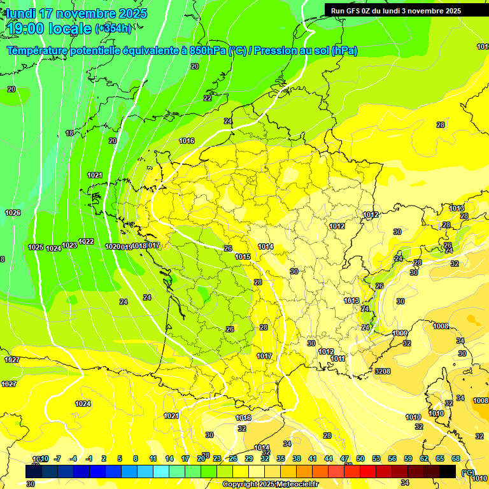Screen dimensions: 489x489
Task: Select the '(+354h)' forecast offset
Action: coord(113,29)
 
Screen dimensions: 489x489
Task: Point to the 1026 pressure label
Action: coord(12,213)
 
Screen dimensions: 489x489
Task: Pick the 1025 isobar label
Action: coord(36,247)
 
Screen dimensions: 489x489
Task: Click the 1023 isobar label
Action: coord(69,244)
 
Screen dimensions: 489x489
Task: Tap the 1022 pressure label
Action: coord(86,242)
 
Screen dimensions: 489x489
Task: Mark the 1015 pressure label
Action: coord(243,257)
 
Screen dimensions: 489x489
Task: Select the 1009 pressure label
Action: coord(400,333)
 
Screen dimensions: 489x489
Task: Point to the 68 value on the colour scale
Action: coord(456,458)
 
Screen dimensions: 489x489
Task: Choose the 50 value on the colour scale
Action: coord(360,458)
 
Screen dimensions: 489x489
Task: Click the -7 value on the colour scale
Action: coord(57,458)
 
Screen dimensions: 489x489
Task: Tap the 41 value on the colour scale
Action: coord(313,458)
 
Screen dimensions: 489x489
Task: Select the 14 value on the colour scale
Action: coord(169,458)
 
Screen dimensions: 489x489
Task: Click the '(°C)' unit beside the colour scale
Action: coord(468,472)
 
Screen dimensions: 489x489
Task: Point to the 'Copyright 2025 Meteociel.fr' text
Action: coord(270,485)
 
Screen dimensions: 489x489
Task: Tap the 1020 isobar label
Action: coord(112,246)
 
